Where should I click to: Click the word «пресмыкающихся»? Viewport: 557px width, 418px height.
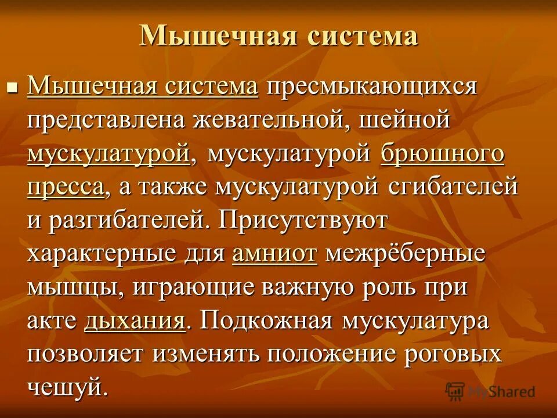[371, 88]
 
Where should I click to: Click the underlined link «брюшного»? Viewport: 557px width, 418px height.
[442, 154]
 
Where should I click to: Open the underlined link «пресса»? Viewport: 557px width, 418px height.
[66, 188]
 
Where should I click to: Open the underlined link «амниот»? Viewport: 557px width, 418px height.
[274, 254]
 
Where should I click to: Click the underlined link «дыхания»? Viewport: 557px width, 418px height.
[135, 321]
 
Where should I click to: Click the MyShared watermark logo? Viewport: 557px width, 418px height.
[490, 391]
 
